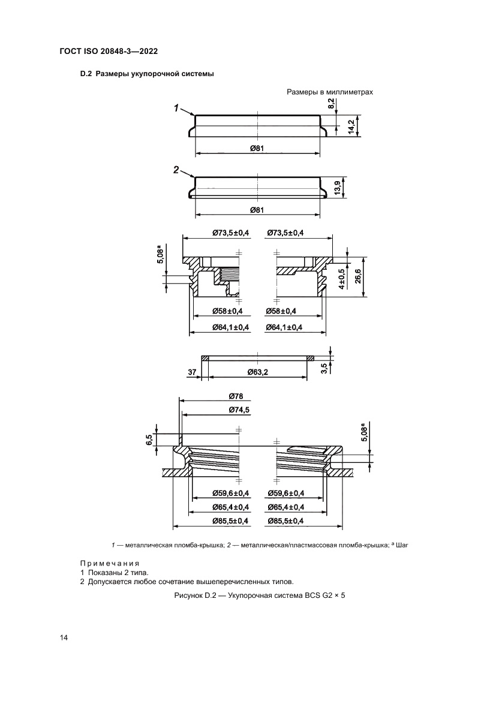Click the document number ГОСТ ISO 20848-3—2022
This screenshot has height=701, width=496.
point(109,52)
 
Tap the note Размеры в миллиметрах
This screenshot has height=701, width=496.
point(330,92)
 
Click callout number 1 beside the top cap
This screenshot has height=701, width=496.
point(177,109)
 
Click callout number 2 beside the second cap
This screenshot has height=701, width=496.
point(176,170)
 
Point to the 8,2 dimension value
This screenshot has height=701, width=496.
point(331,104)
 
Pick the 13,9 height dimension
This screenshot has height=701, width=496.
point(337,187)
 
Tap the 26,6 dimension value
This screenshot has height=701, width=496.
point(358,279)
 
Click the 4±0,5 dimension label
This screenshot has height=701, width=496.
point(341,279)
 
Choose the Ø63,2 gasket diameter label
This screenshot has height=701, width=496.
point(257,372)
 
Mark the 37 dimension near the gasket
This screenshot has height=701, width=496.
point(192,372)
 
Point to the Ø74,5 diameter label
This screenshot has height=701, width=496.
point(239,410)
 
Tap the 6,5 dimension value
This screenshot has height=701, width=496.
point(149,440)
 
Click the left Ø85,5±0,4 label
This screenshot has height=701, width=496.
point(230,522)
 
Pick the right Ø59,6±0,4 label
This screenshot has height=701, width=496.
point(284,493)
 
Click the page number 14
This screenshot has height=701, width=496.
point(64,637)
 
